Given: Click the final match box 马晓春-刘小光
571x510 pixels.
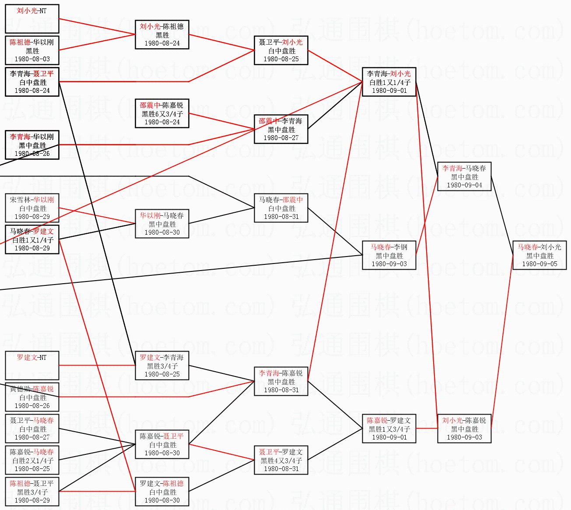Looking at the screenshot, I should pos(539,255).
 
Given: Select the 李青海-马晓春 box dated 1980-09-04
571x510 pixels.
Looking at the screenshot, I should pos(464,176).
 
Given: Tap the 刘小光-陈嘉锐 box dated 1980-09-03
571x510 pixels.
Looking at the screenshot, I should pos(464,429).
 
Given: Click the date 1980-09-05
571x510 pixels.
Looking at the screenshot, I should pos(539,264).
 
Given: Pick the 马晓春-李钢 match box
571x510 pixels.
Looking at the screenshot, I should pos(389,255).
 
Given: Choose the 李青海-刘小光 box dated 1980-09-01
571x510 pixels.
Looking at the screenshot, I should pos(389,82).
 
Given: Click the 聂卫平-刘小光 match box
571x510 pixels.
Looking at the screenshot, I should pos(281,50).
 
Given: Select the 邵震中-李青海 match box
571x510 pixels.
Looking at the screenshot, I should pos(281,129).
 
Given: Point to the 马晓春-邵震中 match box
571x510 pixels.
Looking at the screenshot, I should pos(281,208).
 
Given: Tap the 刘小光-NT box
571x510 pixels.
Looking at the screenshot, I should pos(32,19).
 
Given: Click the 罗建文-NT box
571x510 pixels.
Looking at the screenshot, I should pos(32,366).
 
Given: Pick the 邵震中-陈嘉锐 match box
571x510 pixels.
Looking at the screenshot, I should pos(162,113).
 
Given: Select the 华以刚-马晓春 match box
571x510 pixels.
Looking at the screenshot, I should pos(162,224).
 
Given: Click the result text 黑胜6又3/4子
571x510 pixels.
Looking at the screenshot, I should pos(162,114).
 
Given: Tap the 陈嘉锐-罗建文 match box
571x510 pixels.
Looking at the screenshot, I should pos(389,429).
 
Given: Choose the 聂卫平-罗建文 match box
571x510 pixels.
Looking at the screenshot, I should pos(281,460).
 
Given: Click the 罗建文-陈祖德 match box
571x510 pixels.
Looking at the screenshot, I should pos(162,492).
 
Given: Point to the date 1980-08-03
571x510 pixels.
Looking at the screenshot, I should pos(32,59).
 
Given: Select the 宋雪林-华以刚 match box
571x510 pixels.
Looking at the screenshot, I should pos(32,208).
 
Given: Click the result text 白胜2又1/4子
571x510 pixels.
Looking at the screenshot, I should pos(32,461).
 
